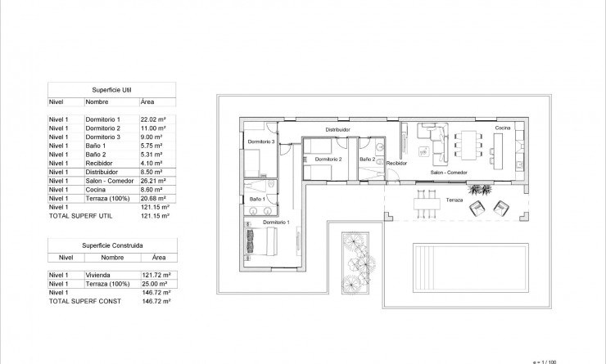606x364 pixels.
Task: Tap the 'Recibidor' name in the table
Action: click(x=101, y=163)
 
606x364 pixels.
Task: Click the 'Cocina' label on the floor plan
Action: click(x=504, y=128)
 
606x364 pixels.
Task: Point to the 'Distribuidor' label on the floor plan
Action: click(x=337, y=129)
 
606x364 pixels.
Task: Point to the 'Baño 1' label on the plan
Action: click(x=256, y=199)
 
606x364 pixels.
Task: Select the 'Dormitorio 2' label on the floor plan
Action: click(x=328, y=158)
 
